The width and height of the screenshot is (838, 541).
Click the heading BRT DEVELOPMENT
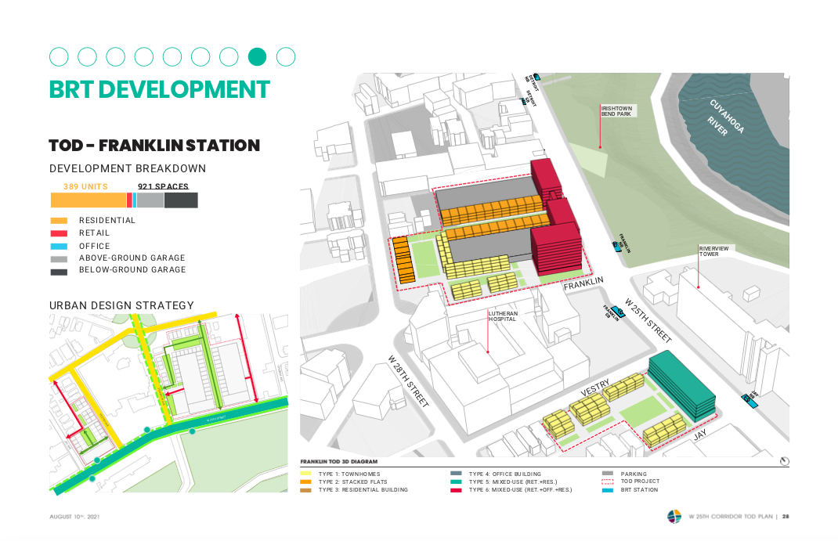pyautogui.click(x=159, y=89)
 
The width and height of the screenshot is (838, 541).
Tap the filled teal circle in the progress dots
pyautogui.click(x=257, y=56)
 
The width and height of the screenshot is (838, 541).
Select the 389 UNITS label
pyautogui.click(x=85, y=186)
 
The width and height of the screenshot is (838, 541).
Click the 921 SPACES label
pyautogui.click(x=163, y=186)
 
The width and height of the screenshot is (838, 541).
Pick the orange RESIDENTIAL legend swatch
pyautogui.click(x=59, y=221)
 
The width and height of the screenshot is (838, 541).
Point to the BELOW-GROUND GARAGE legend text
pyautogui.click(x=132, y=270)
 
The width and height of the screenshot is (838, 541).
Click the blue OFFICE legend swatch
pyautogui.click(x=59, y=246)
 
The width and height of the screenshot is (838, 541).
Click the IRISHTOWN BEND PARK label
pyautogui.click(x=616, y=111)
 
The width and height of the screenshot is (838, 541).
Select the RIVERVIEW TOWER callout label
pyautogui.click(x=713, y=251)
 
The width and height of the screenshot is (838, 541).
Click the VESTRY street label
pyautogui.click(x=594, y=388)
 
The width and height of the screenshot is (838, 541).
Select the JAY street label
pyautogui.click(x=701, y=434)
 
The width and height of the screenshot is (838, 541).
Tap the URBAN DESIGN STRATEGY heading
pyautogui.click(x=121, y=305)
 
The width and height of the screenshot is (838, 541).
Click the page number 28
pyautogui.click(x=785, y=516)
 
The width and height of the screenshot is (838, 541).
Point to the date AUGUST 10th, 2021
pyautogui.click(x=74, y=517)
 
